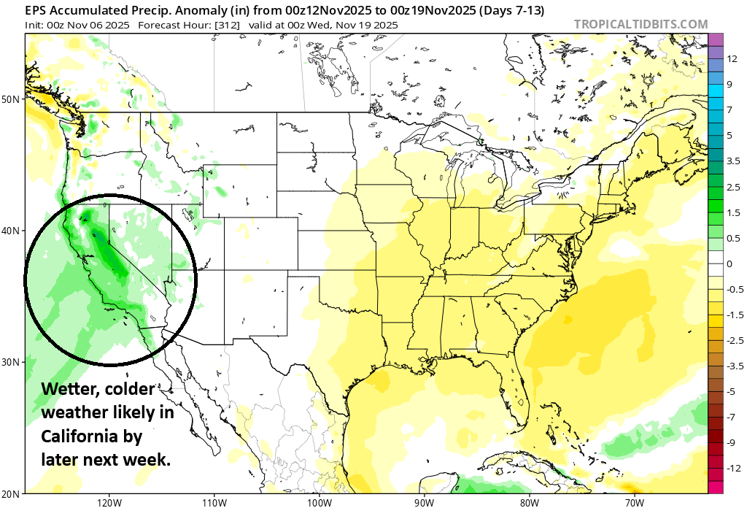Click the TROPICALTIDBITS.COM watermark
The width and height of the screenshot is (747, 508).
pos(640,24)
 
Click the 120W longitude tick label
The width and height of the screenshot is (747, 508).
pos(108,502)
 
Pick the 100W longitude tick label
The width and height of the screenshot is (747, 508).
pos(318,502)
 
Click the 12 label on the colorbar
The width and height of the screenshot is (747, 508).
pos(729,58)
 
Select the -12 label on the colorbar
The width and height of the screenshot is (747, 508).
pos(730,468)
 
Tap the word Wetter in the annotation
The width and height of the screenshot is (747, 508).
pos(63,389)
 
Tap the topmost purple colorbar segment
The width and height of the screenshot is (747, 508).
pos(715,39)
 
